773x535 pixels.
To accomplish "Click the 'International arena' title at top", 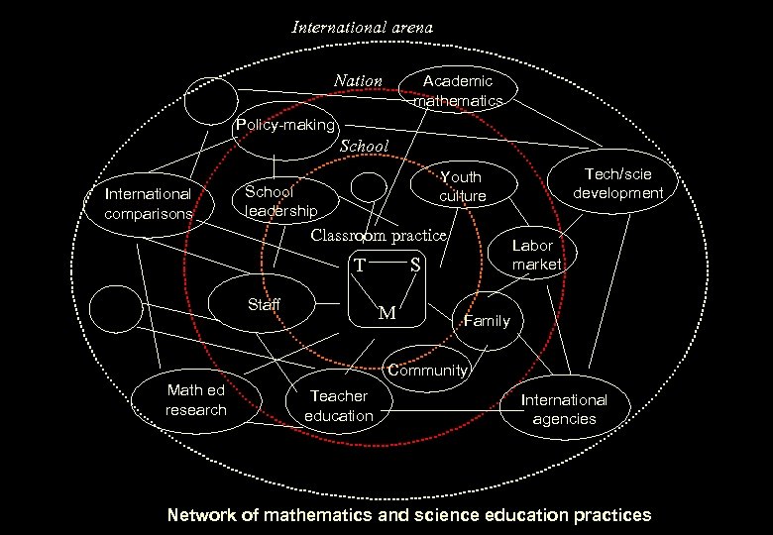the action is [362, 28].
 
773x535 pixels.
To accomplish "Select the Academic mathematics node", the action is [458, 91].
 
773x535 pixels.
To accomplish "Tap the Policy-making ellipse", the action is [284, 127].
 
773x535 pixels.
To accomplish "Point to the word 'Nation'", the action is [358, 81].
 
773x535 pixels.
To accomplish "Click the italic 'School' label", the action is [364, 147].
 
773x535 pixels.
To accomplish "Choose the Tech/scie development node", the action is [617, 184].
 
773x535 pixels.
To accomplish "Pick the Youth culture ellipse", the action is [462, 187].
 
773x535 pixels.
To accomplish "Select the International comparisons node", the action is [148, 204].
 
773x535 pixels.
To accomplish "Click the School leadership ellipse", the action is [280, 201].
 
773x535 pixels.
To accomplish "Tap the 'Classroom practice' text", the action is [379, 236].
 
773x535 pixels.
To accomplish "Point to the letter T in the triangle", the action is [362, 266].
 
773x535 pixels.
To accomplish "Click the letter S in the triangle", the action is [414, 266].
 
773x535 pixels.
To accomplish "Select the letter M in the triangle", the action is [387, 313].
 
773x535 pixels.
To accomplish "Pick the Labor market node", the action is [536, 255].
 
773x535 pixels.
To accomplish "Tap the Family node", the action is [487, 320].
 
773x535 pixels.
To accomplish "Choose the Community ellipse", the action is [426, 370].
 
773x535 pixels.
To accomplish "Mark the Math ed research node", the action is [196, 401].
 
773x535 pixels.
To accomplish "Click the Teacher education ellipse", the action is [338, 406].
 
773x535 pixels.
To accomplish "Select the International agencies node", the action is [564, 409].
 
